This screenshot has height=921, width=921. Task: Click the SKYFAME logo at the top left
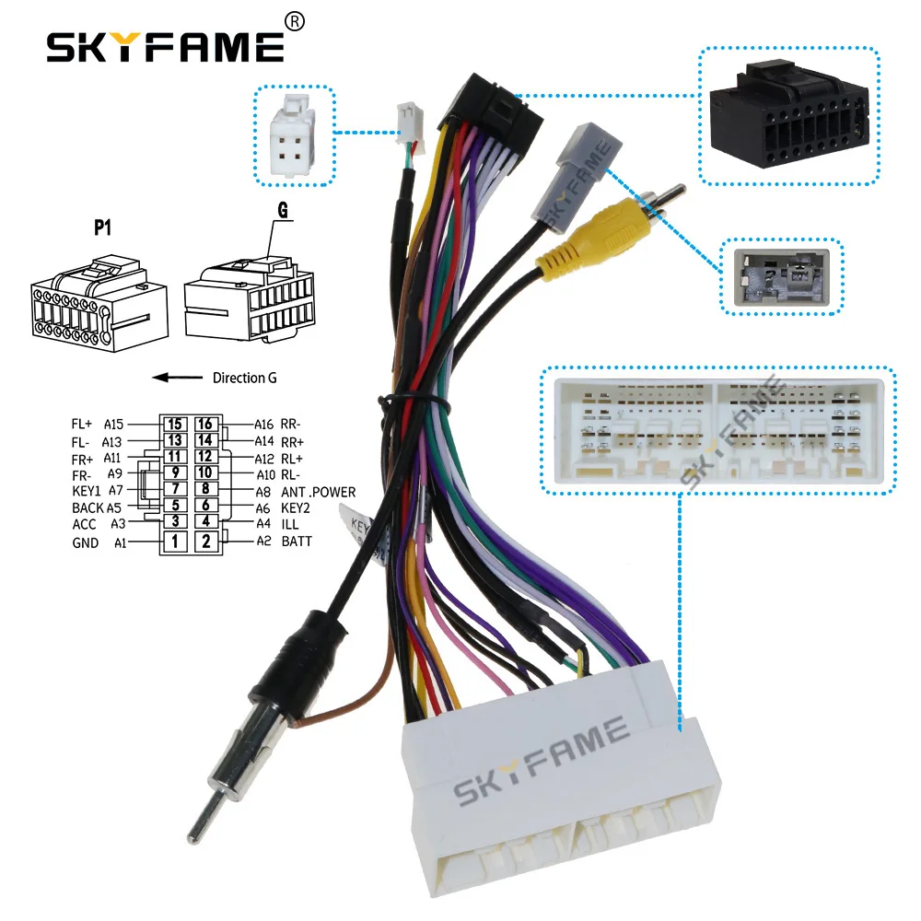(165, 47)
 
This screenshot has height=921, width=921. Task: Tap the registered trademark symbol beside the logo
(295, 22)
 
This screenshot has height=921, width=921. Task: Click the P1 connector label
(102, 227)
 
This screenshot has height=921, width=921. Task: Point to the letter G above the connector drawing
(283, 210)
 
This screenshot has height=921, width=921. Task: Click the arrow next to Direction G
(178, 377)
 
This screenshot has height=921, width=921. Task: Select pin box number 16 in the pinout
(205, 424)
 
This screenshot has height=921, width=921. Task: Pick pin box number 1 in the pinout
(174, 541)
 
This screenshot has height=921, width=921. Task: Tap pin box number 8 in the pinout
(205, 489)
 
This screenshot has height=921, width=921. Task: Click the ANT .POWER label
(319, 492)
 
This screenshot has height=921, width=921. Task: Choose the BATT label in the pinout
(297, 541)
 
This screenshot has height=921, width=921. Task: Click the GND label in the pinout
(85, 542)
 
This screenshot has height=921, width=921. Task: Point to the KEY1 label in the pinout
(87, 491)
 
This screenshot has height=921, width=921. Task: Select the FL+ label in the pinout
(82, 424)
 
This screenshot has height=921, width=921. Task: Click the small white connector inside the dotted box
(293, 135)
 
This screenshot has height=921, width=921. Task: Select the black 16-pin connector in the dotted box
(789, 116)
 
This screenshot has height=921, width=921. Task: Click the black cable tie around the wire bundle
(416, 402)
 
